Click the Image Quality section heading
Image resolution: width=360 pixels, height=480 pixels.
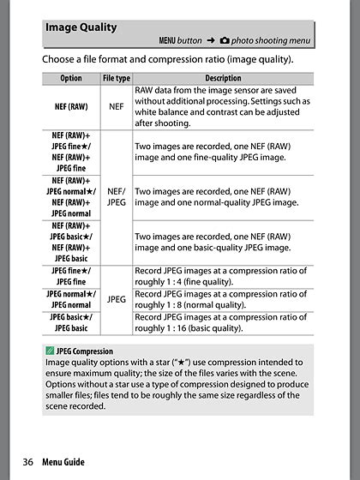[x=81, y=27]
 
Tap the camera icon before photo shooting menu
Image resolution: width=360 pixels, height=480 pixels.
[x=225, y=40]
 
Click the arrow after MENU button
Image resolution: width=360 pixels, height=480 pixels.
[x=207, y=40]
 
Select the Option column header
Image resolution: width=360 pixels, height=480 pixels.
[x=71, y=78]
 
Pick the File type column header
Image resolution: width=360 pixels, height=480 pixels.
[x=116, y=78]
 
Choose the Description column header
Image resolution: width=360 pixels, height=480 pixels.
[x=222, y=78]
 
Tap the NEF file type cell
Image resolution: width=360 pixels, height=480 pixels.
[x=116, y=107]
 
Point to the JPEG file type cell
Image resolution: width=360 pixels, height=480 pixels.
[x=116, y=299]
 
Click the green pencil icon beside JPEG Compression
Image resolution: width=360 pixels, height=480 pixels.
[x=50, y=351]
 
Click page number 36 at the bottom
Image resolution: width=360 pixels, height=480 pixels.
[x=27, y=462]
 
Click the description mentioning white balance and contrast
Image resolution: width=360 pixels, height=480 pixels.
[x=223, y=107]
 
